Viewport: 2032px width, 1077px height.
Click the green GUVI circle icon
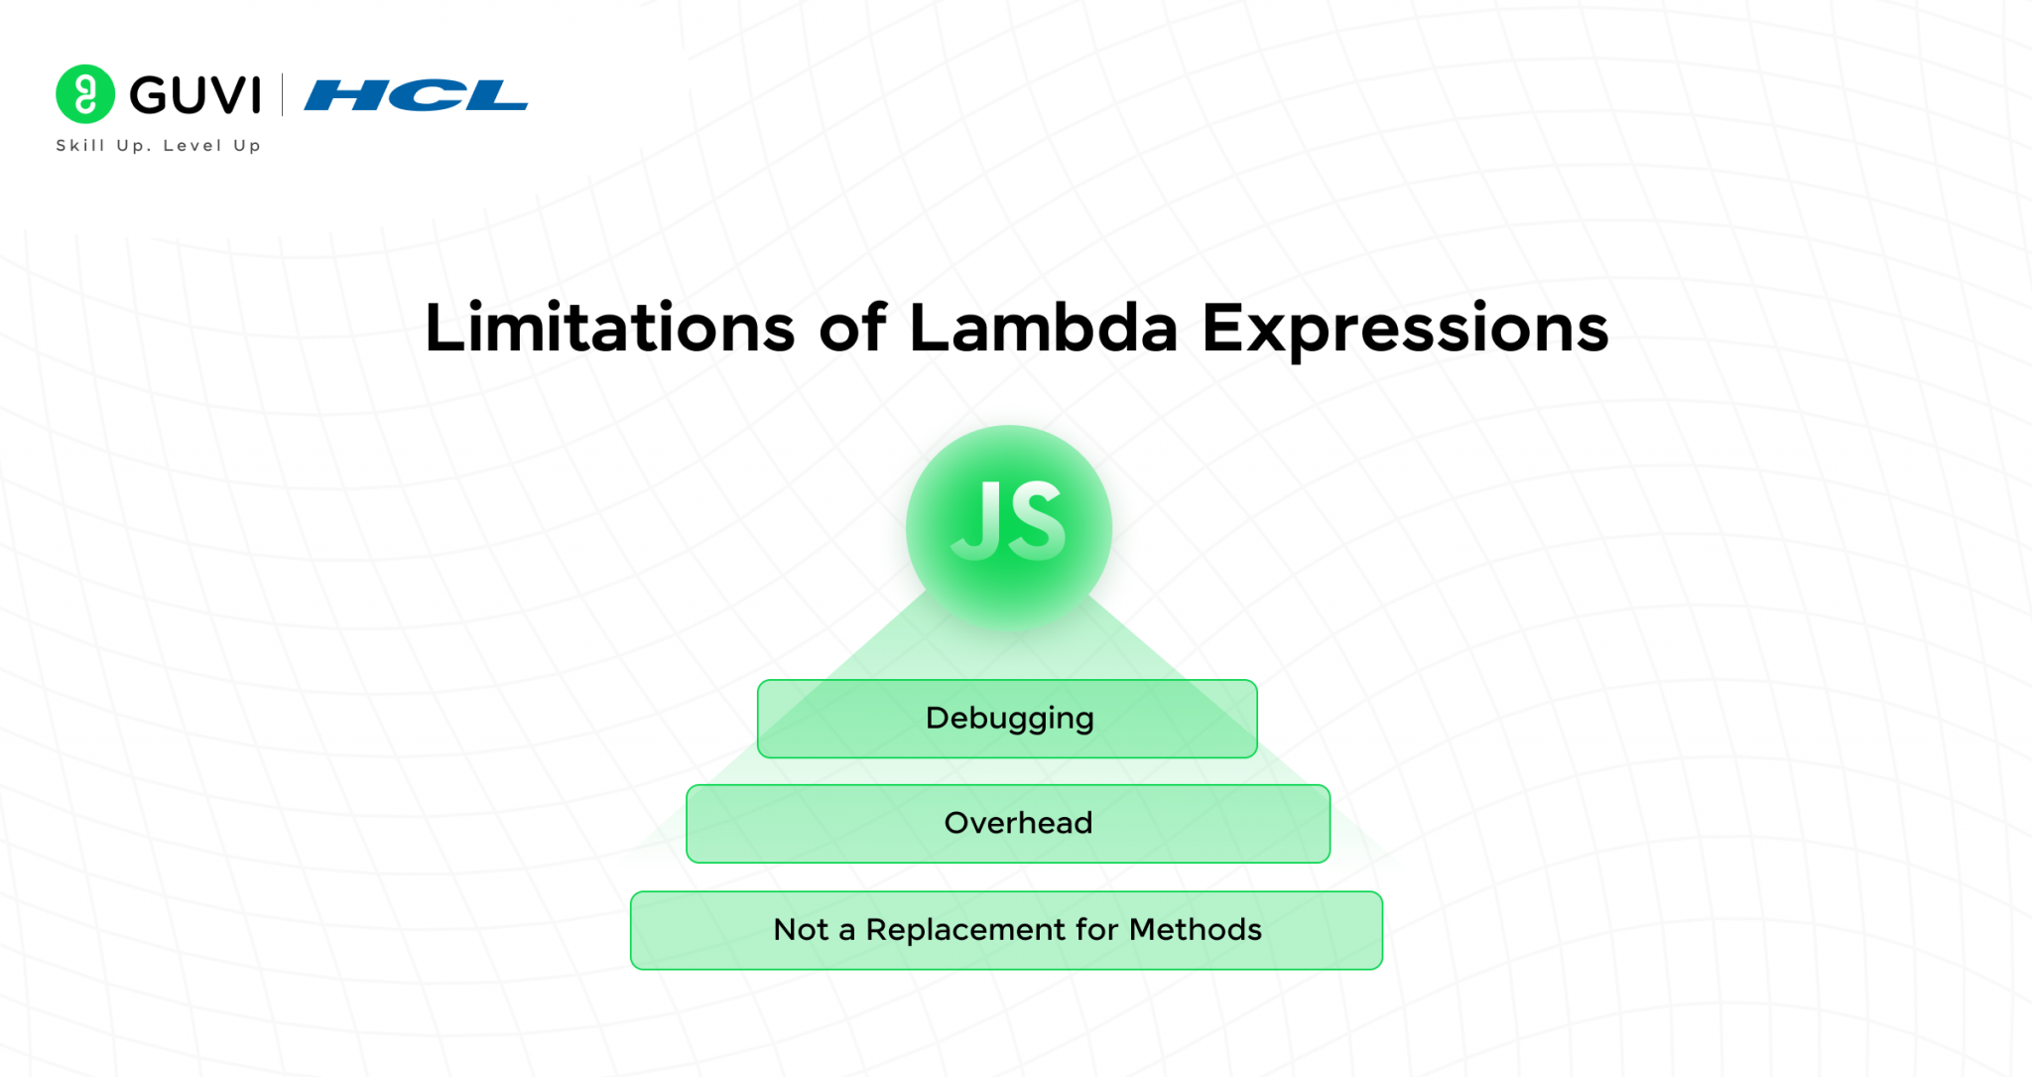point(85,94)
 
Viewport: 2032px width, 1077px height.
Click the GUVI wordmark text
point(195,95)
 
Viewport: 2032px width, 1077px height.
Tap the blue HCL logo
point(416,95)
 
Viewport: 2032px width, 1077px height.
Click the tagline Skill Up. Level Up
point(158,146)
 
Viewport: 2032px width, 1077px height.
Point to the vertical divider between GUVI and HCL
point(283,95)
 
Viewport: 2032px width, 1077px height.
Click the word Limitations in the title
point(609,328)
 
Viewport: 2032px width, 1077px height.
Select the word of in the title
point(851,328)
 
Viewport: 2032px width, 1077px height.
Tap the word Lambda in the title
point(1043,328)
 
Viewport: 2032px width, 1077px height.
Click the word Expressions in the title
point(1405,328)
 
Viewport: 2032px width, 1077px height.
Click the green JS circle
point(1008,526)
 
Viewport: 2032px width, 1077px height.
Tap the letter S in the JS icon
point(1037,521)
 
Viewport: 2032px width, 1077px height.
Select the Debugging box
point(1007,719)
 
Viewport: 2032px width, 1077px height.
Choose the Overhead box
point(1007,824)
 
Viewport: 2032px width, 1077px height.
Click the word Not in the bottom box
point(801,930)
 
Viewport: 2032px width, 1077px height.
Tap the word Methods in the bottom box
point(1196,930)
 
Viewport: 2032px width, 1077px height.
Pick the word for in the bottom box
point(1096,930)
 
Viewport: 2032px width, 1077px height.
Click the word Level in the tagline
point(192,146)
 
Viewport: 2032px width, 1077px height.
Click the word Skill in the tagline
point(80,146)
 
